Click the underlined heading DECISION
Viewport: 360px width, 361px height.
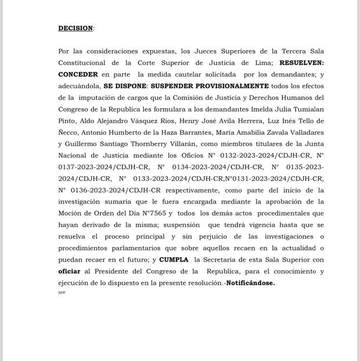point(75,28)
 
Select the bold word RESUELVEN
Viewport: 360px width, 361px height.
point(301,63)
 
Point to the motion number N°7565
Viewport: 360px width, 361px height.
point(149,213)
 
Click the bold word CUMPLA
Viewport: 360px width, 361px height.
point(174,259)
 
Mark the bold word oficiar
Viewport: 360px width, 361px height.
point(69,271)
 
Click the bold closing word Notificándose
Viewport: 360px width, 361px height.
point(250,283)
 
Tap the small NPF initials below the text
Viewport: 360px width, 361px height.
point(62,292)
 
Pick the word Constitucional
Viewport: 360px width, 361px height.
point(82,63)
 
